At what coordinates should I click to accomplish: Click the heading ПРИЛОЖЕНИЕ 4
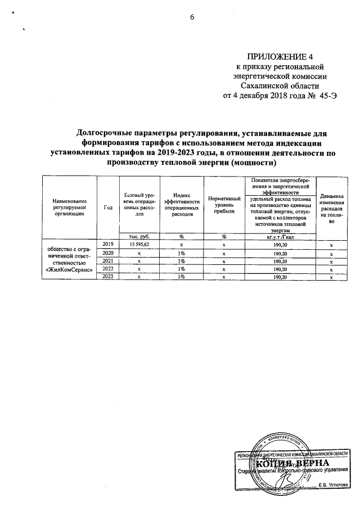280,56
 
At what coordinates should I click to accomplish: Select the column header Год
108,207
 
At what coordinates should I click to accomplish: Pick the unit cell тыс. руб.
139,236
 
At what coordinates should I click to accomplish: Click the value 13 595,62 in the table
139,245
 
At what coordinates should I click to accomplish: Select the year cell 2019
108,244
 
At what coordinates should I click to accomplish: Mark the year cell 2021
108,261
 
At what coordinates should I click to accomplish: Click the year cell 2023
108,277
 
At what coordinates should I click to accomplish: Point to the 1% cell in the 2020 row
182,253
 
